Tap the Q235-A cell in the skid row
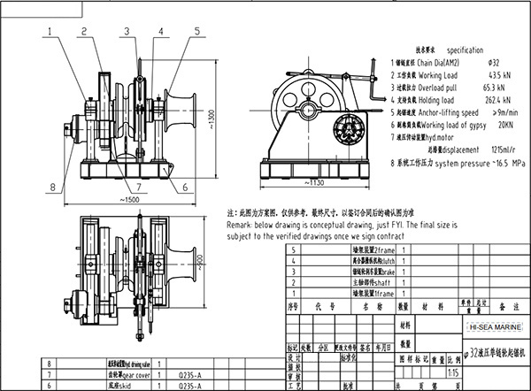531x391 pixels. click(x=195, y=386)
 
